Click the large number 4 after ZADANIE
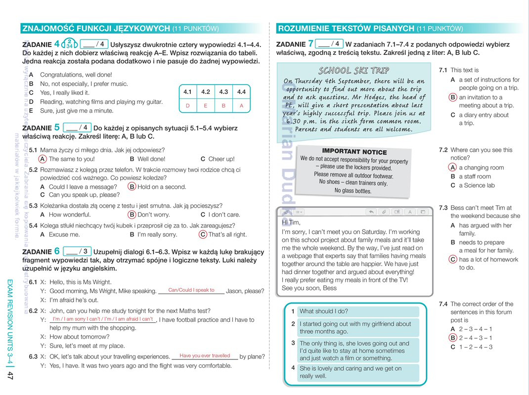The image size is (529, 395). click(x=57, y=44)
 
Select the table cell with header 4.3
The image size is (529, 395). click(x=223, y=92)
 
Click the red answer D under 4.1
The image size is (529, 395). click(x=187, y=105)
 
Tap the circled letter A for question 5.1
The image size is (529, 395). click(x=43, y=159)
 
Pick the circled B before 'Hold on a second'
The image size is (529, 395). click(x=132, y=187)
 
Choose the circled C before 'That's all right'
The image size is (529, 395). click(x=203, y=234)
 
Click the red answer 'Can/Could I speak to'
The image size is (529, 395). click(x=191, y=290)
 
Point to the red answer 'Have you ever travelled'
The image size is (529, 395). click(x=205, y=355)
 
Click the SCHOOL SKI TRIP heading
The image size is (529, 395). click(x=354, y=70)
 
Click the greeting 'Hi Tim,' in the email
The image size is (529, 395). click(x=291, y=222)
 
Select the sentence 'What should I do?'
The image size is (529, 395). click(x=324, y=311)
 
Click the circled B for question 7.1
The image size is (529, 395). click(x=453, y=97)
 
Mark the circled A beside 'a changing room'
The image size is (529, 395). click(x=453, y=168)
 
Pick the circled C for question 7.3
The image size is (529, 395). click(x=453, y=260)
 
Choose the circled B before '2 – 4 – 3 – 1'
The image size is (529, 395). click(x=453, y=338)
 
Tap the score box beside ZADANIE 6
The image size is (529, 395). click(x=78, y=251)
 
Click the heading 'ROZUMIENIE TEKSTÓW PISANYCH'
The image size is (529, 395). click(x=346, y=28)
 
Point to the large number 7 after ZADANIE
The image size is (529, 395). click(x=310, y=44)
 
